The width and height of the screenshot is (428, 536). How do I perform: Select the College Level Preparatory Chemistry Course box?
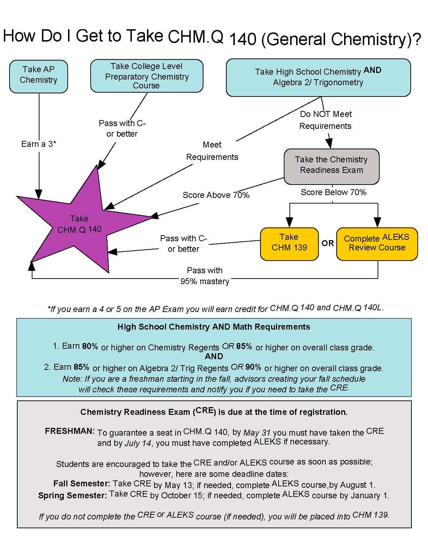pyautogui.click(x=147, y=76)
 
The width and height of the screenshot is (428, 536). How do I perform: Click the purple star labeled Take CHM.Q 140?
pyautogui.click(x=79, y=224)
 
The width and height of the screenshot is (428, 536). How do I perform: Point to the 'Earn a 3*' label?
pyautogui.click(x=38, y=144)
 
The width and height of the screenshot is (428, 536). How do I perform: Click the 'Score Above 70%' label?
pyautogui.click(x=216, y=195)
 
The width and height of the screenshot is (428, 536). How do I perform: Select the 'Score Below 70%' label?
pyautogui.click(x=333, y=192)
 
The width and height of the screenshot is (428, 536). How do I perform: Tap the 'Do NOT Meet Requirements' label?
pyautogui.click(x=325, y=120)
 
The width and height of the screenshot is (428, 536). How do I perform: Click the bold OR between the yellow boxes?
pyautogui.click(x=328, y=243)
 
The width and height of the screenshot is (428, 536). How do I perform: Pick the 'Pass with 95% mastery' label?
pyautogui.click(x=205, y=276)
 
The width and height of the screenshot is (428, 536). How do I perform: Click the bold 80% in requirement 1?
pyautogui.click(x=90, y=346)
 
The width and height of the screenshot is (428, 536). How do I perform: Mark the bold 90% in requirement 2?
pyautogui.click(x=253, y=367)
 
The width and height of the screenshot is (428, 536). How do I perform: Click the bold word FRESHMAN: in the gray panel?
pyautogui.click(x=70, y=431)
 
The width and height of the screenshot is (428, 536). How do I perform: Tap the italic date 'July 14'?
pyautogui.click(x=138, y=443)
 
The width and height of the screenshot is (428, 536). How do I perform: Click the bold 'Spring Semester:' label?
pyautogui.click(x=72, y=496)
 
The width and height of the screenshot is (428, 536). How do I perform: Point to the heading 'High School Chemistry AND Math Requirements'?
pyautogui.click(x=214, y=327)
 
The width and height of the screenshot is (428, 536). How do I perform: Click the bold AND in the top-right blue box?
pyautogui.click(x=372, y=70)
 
